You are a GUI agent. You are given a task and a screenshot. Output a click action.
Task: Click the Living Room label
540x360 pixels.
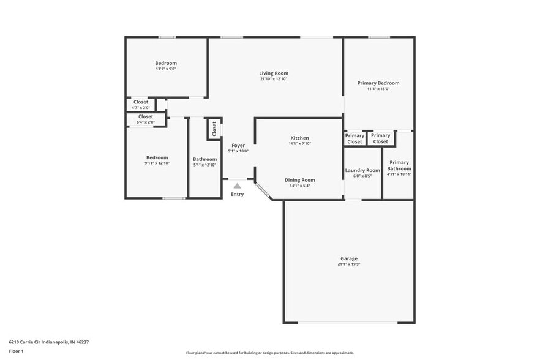point(273,73)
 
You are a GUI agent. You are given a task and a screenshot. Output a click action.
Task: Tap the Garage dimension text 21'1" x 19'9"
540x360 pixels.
point(348,264)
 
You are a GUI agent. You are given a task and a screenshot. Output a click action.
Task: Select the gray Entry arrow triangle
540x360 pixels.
point(237,186)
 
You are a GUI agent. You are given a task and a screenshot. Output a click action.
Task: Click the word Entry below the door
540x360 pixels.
point(237,195)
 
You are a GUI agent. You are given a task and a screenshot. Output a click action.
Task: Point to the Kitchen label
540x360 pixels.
point(299,138)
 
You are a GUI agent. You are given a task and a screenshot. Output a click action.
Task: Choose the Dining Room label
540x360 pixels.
point(299,180)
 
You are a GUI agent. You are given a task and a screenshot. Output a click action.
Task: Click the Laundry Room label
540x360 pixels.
point(362,170)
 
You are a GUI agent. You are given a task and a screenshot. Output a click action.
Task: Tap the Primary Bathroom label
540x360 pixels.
point(399,165)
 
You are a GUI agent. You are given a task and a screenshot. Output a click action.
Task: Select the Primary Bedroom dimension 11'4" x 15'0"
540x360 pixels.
point(378,89)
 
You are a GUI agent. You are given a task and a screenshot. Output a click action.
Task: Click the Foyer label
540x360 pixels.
point(238,145)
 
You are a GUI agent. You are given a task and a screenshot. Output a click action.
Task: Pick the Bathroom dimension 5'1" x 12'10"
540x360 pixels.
point(204,165)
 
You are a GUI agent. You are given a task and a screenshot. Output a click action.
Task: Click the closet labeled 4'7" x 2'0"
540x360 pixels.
point(140,105)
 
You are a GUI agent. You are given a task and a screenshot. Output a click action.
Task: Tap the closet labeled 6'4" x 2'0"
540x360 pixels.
point(145,119)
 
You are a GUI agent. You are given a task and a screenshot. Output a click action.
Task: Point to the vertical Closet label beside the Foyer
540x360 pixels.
point(214,129)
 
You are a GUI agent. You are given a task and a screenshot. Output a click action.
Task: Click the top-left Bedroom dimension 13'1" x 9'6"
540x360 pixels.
point(165,69)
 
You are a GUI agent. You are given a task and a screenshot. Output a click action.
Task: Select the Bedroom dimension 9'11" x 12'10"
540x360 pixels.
point(156,163)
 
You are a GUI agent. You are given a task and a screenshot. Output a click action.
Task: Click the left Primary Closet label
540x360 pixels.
point(354,138)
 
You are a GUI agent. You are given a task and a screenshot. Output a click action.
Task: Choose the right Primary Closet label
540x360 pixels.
point(380,138)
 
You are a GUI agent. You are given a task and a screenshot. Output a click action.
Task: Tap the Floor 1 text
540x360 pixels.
point(16,351)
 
